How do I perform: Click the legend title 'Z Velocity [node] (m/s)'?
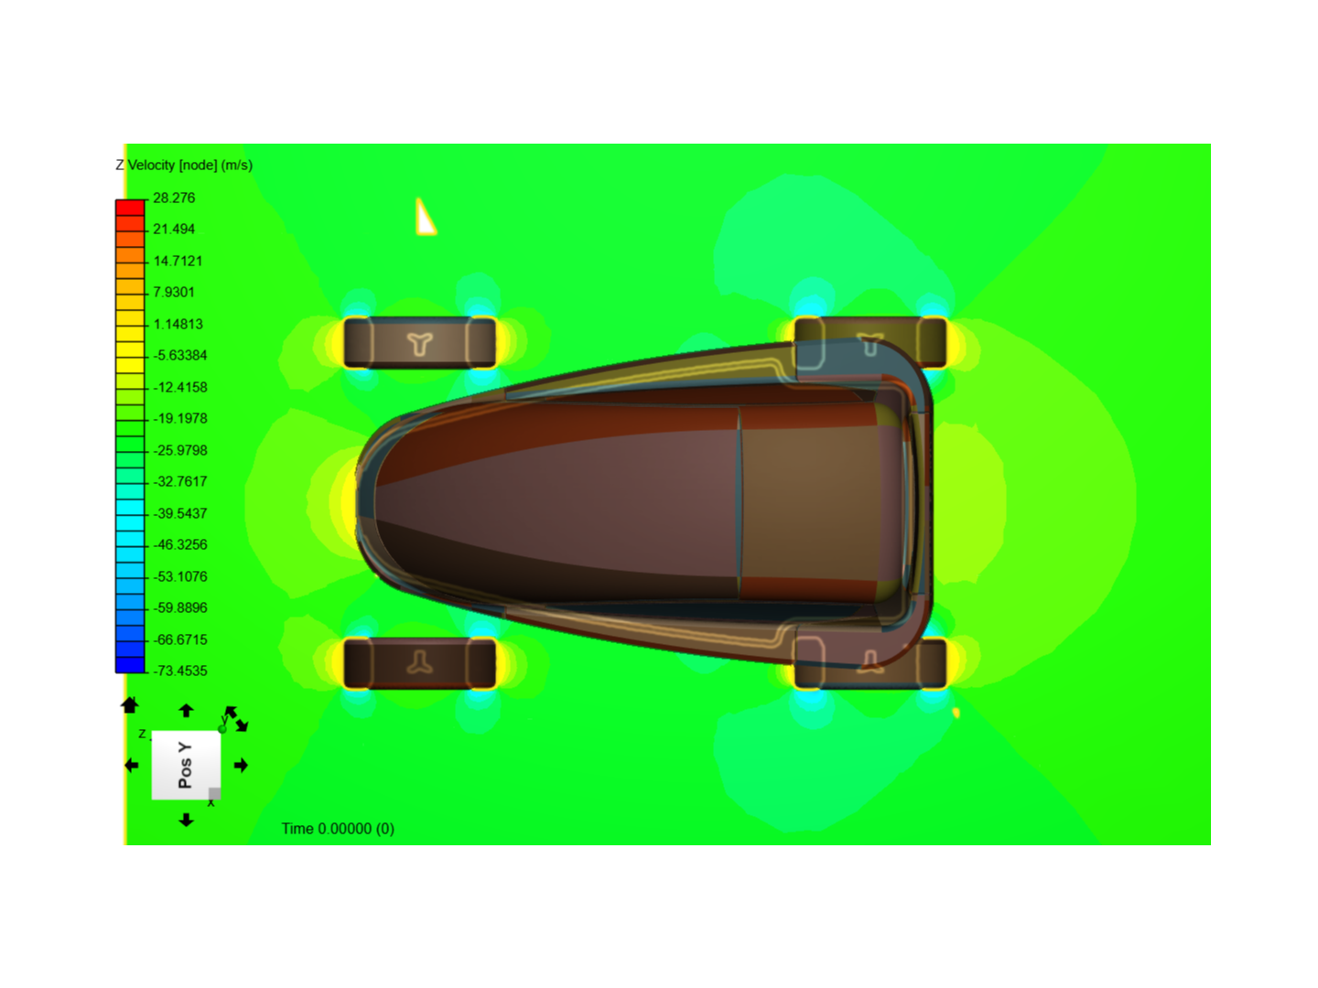coord(184,165)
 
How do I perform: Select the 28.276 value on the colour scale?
coord(174,198)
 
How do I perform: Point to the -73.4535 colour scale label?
coord(180,671)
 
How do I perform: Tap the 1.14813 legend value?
coord(178,324)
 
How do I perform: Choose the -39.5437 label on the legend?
coord(180,513)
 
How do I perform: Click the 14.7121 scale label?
coord(178,261)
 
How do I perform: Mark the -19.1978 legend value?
coord(180,418)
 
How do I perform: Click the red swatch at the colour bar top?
coord(130,208)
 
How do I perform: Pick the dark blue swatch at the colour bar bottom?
coord(130,665)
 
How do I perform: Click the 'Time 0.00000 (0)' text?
coord(338,829)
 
